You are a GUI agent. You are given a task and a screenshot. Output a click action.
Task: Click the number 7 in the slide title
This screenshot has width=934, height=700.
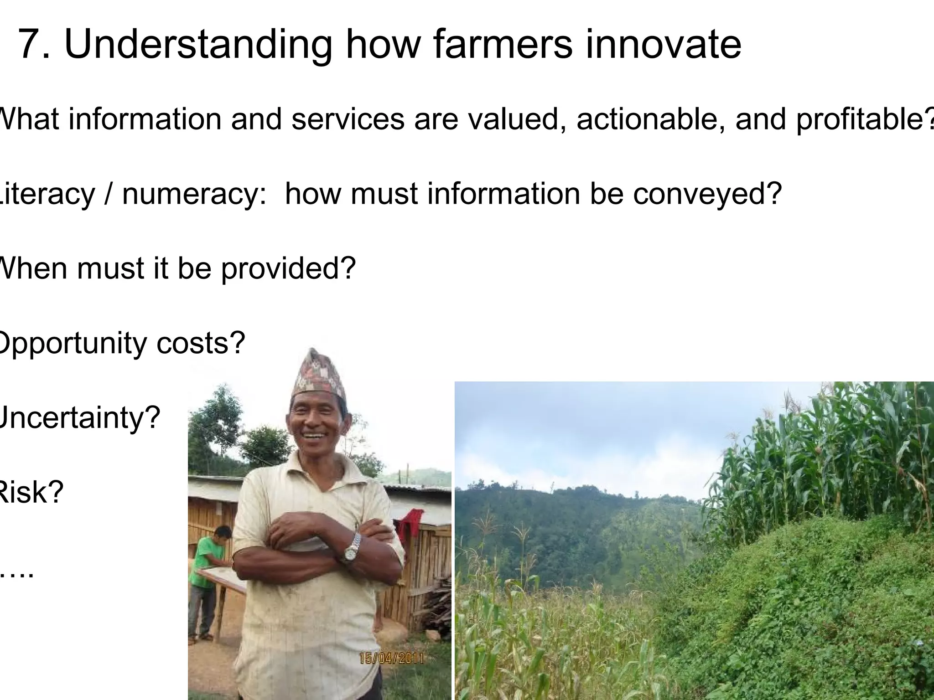(x=30, y=45)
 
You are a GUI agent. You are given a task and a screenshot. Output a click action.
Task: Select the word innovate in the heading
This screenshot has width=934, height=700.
(x=664, y=45)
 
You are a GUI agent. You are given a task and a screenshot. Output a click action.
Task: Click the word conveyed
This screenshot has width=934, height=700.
(x=707, y=193)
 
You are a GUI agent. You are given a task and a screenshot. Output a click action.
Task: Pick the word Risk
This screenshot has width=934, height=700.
(x=30, y=492)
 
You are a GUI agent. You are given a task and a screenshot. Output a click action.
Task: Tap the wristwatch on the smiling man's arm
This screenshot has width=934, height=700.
(x=352, y=547)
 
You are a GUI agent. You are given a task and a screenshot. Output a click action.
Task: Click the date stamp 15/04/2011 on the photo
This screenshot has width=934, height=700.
(x=392, y=658)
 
